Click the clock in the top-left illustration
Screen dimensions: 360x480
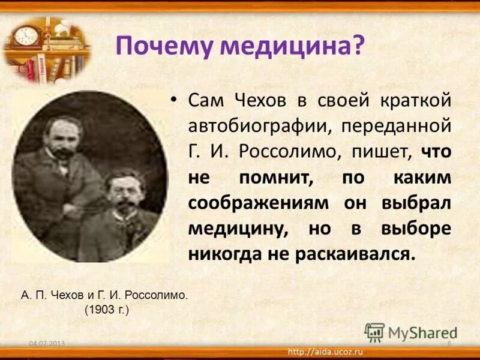(26, 35)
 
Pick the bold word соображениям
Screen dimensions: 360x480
(259, 203)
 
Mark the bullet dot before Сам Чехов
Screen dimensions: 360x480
(174, 100)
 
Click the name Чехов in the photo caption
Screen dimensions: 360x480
(77, 296)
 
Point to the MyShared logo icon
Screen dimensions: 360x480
(374, 332)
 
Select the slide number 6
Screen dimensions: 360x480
(449, 343)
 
